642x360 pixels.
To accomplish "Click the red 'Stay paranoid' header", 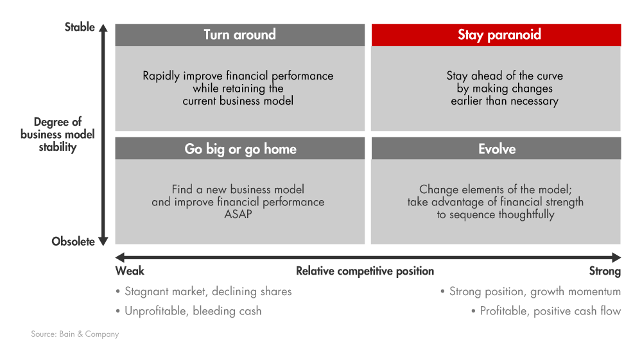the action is pos(496,35).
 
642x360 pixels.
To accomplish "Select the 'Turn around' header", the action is pos(240,35).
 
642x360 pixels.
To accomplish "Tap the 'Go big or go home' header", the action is pos(240,148).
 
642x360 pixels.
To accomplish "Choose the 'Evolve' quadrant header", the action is pos(496,148).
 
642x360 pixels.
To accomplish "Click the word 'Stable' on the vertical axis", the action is pos(80,27).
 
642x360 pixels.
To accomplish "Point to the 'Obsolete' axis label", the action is pos(73,241).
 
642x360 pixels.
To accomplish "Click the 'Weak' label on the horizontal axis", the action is pos(130,271).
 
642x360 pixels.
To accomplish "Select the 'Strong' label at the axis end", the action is pos(605,271).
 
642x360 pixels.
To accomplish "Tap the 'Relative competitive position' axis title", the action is pos(365,271).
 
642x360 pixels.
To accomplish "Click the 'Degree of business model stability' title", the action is pos(58,134).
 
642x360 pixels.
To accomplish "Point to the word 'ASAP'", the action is pos(238,214).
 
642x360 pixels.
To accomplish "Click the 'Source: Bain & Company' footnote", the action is pos(75,334).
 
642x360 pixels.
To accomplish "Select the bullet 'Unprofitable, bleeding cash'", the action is pos(189,311).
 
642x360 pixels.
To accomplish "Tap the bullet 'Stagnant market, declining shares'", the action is pos(204,291).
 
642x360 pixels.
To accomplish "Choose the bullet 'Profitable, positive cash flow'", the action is pos(546,311).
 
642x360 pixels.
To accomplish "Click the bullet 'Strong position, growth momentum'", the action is pos(531,291).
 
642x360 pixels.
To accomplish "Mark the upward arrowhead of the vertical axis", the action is pos(103,28).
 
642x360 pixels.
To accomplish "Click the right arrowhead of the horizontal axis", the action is pos(616,257).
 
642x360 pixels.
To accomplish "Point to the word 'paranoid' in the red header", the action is pos(514,35).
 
